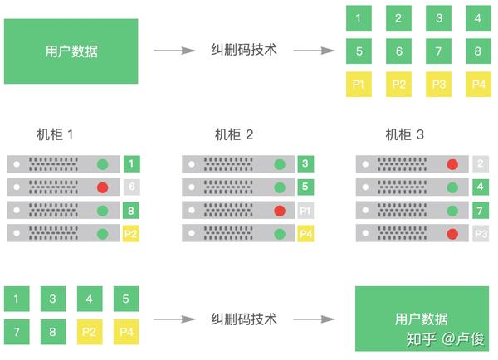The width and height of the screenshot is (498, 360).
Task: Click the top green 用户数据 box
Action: coord(71,51)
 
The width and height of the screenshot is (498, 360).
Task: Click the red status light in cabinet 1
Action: coord(103,187)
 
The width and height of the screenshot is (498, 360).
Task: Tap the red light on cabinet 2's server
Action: coord(279,211)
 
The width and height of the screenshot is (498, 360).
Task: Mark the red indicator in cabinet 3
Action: coord(452,164)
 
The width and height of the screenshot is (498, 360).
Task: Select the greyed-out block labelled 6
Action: coord(131,187)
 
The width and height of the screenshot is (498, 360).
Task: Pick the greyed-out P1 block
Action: coord(305,211)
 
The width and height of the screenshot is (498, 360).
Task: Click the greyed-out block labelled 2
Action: coord(480,164)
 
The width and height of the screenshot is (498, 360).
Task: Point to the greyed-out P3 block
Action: coord(480,234)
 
